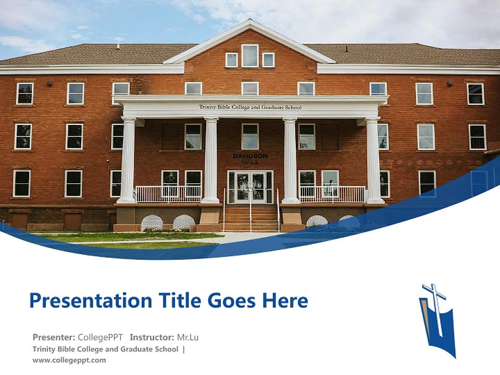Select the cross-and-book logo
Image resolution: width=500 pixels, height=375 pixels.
(437, 319)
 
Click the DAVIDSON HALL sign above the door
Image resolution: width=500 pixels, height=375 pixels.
(250, 158)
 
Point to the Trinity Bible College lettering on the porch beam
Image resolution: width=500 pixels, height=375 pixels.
(250, 107)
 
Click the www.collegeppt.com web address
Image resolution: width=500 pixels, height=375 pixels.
(69, 360)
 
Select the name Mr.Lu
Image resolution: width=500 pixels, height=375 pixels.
(187, 337)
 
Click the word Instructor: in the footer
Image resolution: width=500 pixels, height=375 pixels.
(152, 337)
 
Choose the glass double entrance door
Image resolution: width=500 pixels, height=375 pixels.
(250, 187)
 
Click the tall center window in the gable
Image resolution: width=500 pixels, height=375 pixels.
(250, 56)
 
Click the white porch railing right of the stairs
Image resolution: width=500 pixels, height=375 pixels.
(332, 194)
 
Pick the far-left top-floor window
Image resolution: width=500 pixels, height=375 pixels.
(24, 94)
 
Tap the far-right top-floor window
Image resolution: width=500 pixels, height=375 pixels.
(475, 94)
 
